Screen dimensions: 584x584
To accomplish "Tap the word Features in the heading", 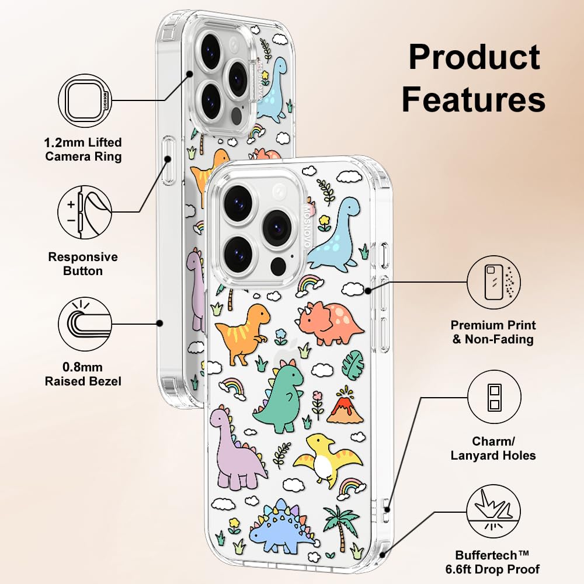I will point(474,99).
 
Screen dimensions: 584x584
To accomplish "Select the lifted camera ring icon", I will point(85,100).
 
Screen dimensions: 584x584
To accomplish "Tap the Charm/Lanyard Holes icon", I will point(494,398).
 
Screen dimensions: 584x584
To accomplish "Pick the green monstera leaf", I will point(353,364).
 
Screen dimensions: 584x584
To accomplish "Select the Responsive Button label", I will point(83,263).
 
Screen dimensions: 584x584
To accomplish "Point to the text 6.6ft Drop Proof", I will point(498,568).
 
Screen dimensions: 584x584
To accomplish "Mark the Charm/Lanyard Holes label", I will point(493,448).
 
